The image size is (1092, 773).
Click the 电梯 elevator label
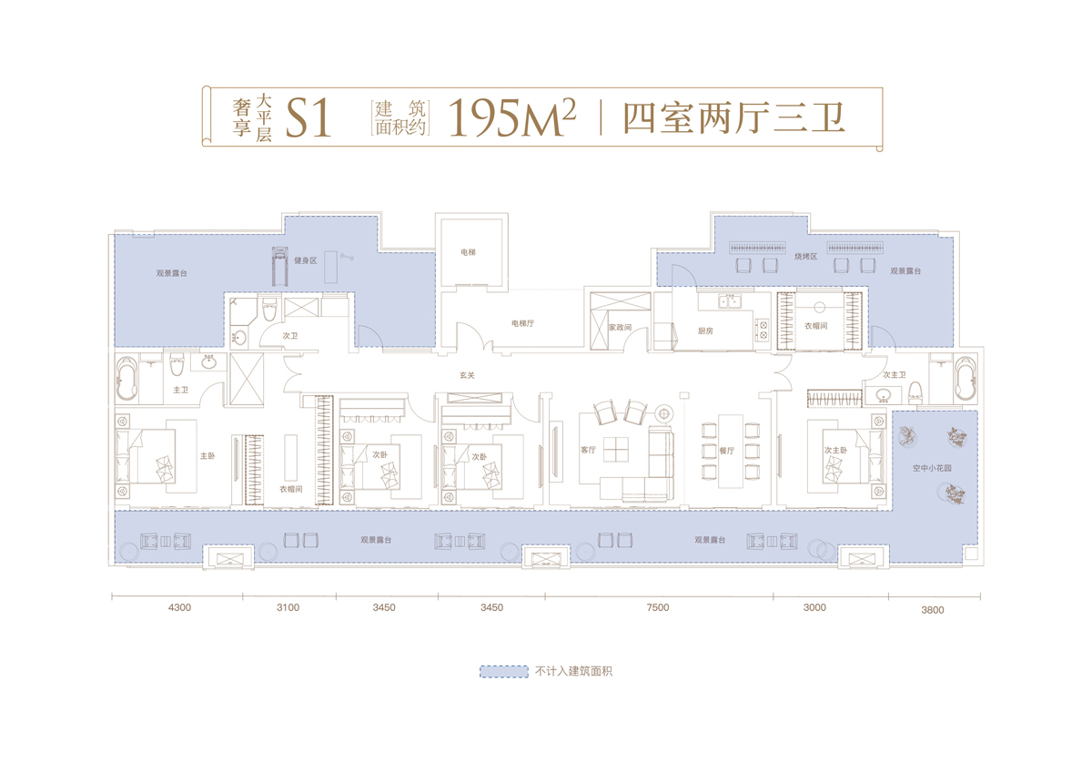coord(468,252)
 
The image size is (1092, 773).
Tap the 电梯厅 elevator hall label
coord(522,323)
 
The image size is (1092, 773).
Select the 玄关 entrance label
coord(467,375)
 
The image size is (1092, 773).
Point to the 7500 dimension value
coord(658,607)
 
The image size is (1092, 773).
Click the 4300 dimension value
coord(179,607)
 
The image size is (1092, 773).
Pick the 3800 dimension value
coord(933,610)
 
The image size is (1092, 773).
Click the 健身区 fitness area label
coord(305,260)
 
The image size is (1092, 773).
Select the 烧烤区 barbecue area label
coord(806,256)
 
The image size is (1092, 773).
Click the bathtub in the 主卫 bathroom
coord(126,379)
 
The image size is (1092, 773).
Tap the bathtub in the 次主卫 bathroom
coord(966,379)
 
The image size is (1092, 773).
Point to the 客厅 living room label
coord(589,450)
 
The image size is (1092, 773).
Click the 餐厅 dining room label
coord(726,451)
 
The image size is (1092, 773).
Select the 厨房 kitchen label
coord(705,331)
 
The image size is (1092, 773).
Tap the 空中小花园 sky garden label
coord(932,468)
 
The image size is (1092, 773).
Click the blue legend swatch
coord(503,672)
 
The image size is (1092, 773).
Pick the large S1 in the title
coord(308,118)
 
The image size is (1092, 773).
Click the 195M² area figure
coord(511,117)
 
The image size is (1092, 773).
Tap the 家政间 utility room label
coord(620,327)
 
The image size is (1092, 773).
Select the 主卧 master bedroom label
coord(207,455)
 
